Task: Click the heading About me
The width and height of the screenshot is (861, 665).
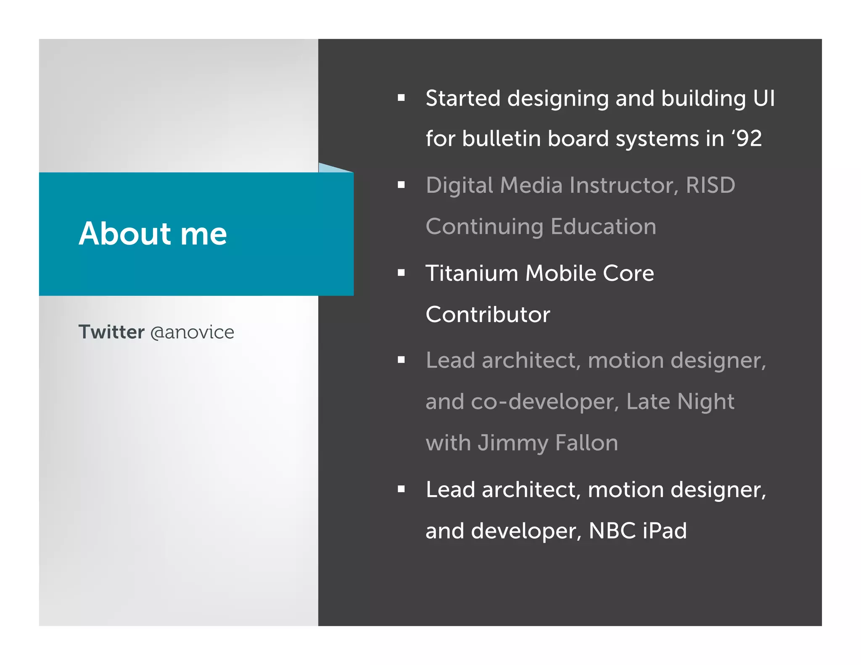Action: (153, 234)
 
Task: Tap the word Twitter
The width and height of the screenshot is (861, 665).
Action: (111, 332)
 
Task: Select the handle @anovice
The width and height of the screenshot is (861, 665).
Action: (192, 332)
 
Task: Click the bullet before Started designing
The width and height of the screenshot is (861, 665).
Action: (401, 98)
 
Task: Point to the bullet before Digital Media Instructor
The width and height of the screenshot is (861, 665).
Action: (401, 185)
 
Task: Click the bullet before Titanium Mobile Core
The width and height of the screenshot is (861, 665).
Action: (401, 273)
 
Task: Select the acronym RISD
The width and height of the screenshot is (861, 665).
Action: (710, 185)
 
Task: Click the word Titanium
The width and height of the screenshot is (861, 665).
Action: (472, 273)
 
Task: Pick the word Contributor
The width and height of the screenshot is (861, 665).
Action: (488, 314)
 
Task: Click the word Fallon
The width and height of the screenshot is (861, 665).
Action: (586, 443)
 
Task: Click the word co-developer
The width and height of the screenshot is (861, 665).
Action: (545, 402)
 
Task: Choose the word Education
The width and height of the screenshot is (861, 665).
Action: (603, 227)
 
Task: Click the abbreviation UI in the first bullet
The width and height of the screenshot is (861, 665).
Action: (763, 98)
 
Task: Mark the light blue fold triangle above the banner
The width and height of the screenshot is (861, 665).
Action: (330, 169)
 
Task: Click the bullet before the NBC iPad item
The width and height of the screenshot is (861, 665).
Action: (401, 489)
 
